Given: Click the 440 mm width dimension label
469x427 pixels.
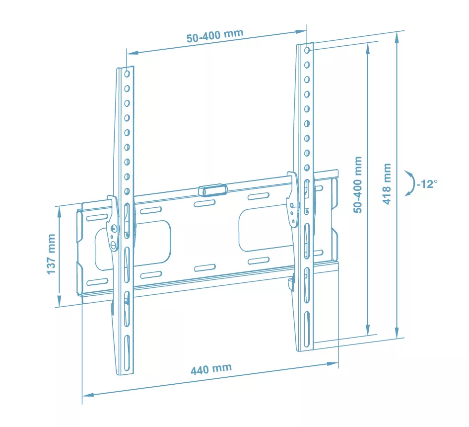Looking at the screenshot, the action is pos(211,369).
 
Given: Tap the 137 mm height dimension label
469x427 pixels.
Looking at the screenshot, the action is pos(51,254).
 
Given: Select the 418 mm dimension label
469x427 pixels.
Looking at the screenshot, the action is pos(387,184).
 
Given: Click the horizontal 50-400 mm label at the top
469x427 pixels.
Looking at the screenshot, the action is pos(215,36).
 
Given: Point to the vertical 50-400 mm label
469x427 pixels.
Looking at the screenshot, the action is pos(358,184).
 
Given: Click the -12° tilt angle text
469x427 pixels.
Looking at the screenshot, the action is pos(427,184).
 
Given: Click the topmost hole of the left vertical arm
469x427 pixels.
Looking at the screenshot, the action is pos(127,74).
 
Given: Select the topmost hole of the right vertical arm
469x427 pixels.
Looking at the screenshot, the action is pos(307,50).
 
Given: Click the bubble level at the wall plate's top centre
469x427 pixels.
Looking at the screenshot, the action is pos(213,190).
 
